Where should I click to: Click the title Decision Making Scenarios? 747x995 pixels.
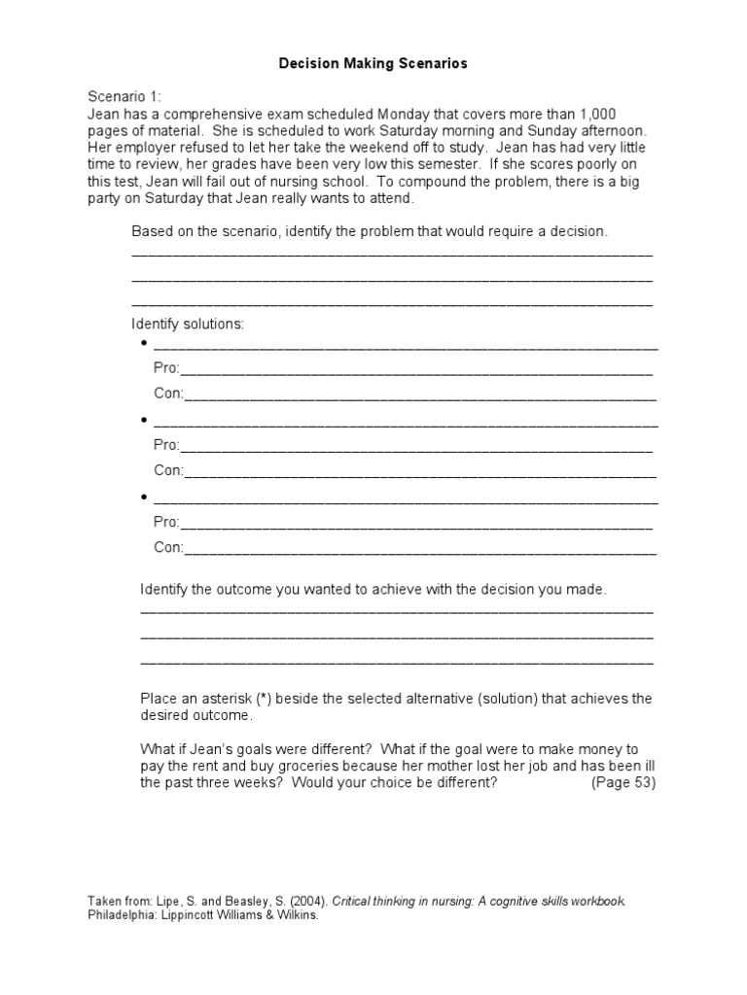(373, 63)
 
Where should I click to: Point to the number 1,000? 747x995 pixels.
(596, 114)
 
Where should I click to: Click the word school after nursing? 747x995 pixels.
(345, 182)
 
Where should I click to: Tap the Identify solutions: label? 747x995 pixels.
(188, 324)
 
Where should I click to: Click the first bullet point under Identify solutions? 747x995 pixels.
(145, 345)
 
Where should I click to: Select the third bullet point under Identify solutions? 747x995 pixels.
(145, 498)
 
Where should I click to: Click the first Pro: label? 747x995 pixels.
(166, 369)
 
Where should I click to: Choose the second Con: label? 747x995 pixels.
(168, 470)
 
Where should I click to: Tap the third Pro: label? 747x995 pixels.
(166, 523)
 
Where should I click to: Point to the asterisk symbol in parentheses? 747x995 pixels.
(266, 699)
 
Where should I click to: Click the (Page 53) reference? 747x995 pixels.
(623, 783)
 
